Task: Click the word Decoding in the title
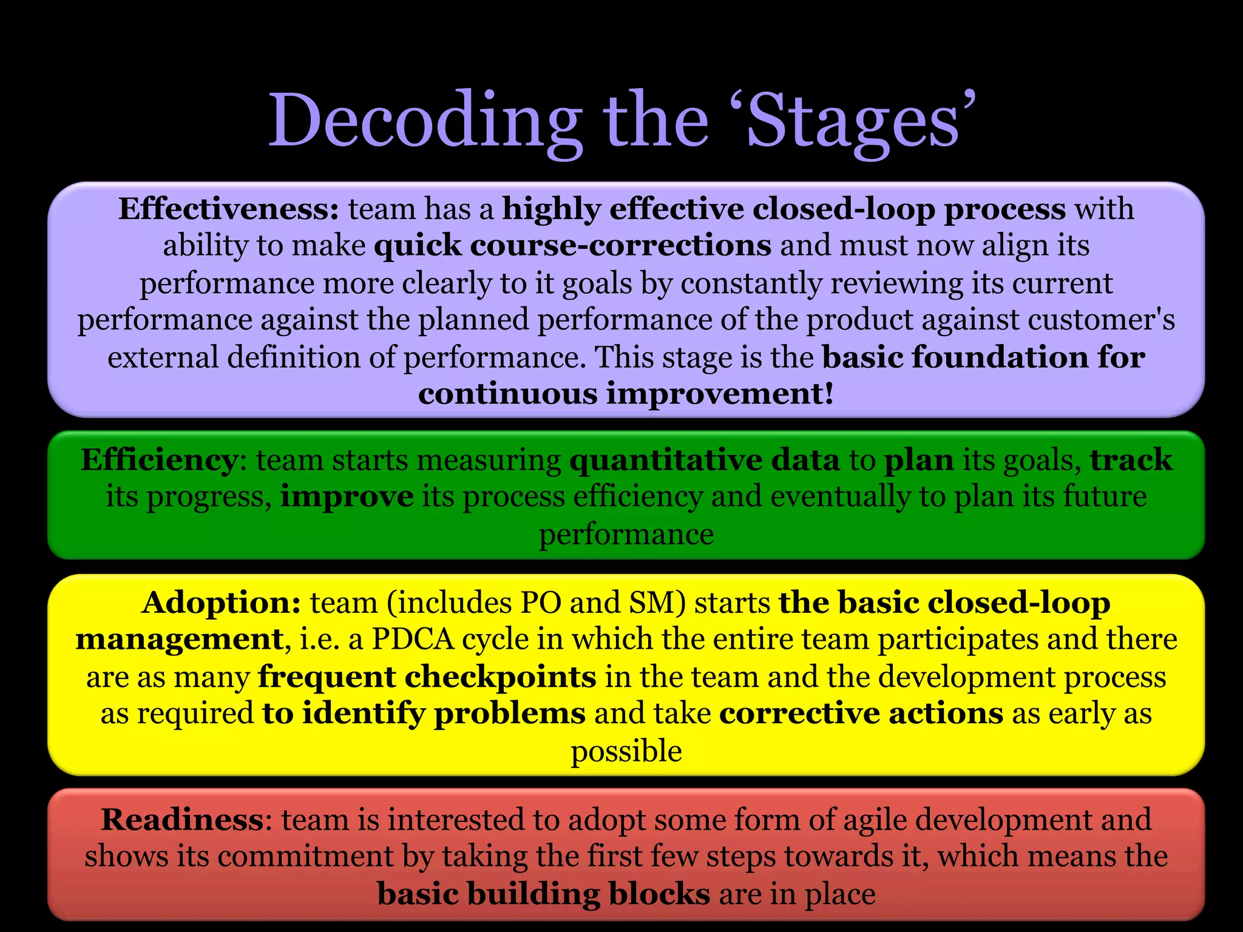point(425,121)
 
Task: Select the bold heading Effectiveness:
point(228,209)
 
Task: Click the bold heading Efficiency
point(159,460)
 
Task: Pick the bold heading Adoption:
point(221,603)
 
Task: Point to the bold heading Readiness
point(182,820)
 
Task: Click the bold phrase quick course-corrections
point(572,246)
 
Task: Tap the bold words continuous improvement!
point(626,394)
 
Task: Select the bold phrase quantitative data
point(705,460)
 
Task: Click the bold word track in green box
point(1131,460)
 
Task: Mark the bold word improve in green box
point(347,497)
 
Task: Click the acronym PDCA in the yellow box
point(413,640)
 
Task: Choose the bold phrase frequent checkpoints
point(427,677)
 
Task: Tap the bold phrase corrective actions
point(861,714)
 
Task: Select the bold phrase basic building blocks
point(543,894)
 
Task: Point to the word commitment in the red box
point(305,857)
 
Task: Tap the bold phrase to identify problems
point(424,714)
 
